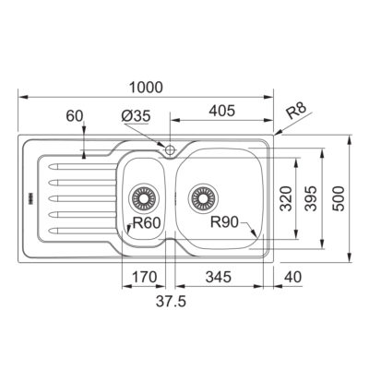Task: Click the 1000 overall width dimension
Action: tap(146, 88)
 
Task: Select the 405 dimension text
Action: tap(221, 111)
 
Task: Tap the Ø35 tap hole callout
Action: tap(136, 116)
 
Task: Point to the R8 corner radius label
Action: tap(296, 112)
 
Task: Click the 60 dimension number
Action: tap(75, 116)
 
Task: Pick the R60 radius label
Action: tap(147, 223)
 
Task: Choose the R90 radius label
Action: tap(224, 222)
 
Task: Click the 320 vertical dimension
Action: tap(286, 198)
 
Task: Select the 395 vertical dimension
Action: tap(311, 198)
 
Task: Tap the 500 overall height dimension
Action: tap(339, 198)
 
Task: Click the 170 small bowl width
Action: tap(144, 277)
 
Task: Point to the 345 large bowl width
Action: tap(219, 277)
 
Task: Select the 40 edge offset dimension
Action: tap(293, 277)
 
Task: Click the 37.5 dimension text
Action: tap(171, 302)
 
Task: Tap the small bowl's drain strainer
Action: tap(143, 198)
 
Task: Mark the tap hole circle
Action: tap(170, 150)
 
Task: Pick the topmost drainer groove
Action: tap(82, 167)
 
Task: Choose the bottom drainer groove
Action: tap(82, 231)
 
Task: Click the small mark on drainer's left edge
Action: tap(30, 198)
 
